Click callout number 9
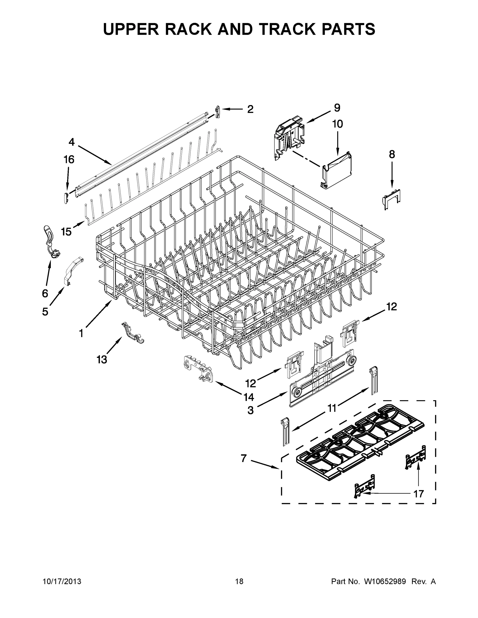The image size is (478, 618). (x=337, y=108)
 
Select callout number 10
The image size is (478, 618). (x=338, y=124)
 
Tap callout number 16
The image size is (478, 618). (x=69, y=160)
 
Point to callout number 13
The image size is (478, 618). (x=102, y=360)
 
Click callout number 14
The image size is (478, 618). (x=249, y=397)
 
